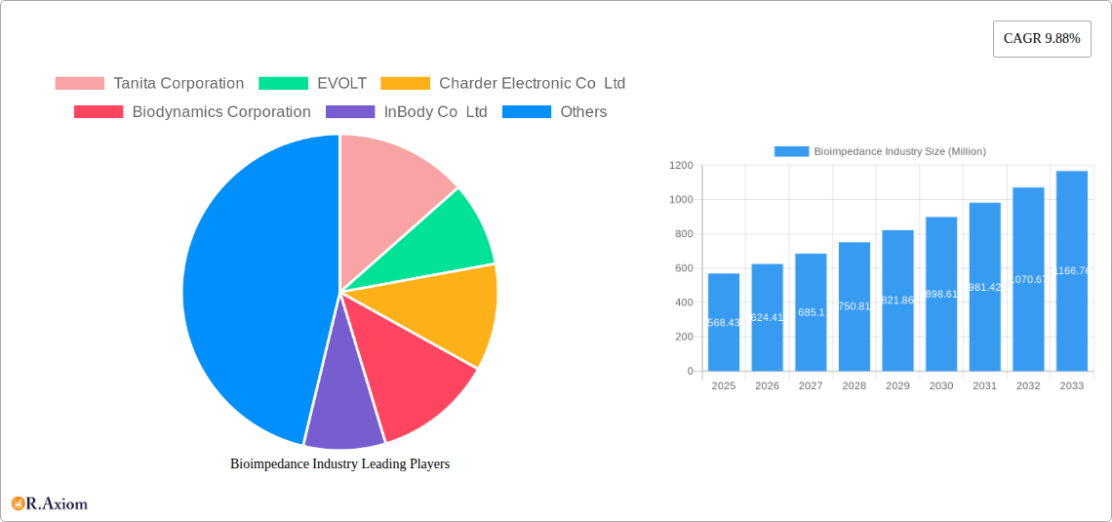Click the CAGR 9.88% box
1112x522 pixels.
click(1042, 39)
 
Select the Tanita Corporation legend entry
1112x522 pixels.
click(149, 84)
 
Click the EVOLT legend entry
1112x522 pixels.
click(313, 84)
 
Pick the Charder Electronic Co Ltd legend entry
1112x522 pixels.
click(502, 84)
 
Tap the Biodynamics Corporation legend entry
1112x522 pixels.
click(192, 112)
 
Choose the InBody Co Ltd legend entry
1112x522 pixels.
click(407, 112)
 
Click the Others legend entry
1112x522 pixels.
click(555, 112)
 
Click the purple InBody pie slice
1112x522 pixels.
click(342, 415)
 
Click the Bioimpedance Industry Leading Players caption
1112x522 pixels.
click(339, 464)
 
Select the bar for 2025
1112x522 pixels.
click(724, 322)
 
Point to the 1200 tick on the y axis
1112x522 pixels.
click(681, 166)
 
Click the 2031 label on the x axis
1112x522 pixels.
click(985, 386)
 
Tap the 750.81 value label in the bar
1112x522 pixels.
click(854, 306)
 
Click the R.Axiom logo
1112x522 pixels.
click(50, 504)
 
